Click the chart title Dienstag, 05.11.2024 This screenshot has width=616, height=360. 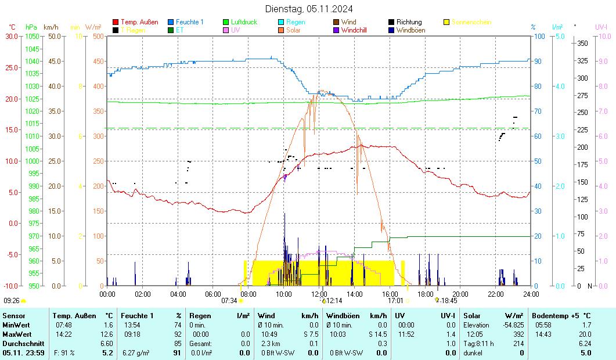308,9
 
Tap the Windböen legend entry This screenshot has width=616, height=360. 410,30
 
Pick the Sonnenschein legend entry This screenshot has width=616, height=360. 471,22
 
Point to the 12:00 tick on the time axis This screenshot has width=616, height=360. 319,294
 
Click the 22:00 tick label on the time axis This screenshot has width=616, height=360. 496,294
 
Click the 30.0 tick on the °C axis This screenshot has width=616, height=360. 11,36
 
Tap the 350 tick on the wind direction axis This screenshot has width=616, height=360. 583,43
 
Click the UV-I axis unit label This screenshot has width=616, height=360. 601,27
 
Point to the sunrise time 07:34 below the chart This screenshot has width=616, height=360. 229,301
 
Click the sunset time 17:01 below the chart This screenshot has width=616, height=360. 395,301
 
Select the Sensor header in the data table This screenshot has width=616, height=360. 13,316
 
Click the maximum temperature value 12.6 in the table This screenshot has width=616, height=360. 107,334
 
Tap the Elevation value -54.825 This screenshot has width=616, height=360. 512,325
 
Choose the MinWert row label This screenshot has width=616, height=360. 16,325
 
